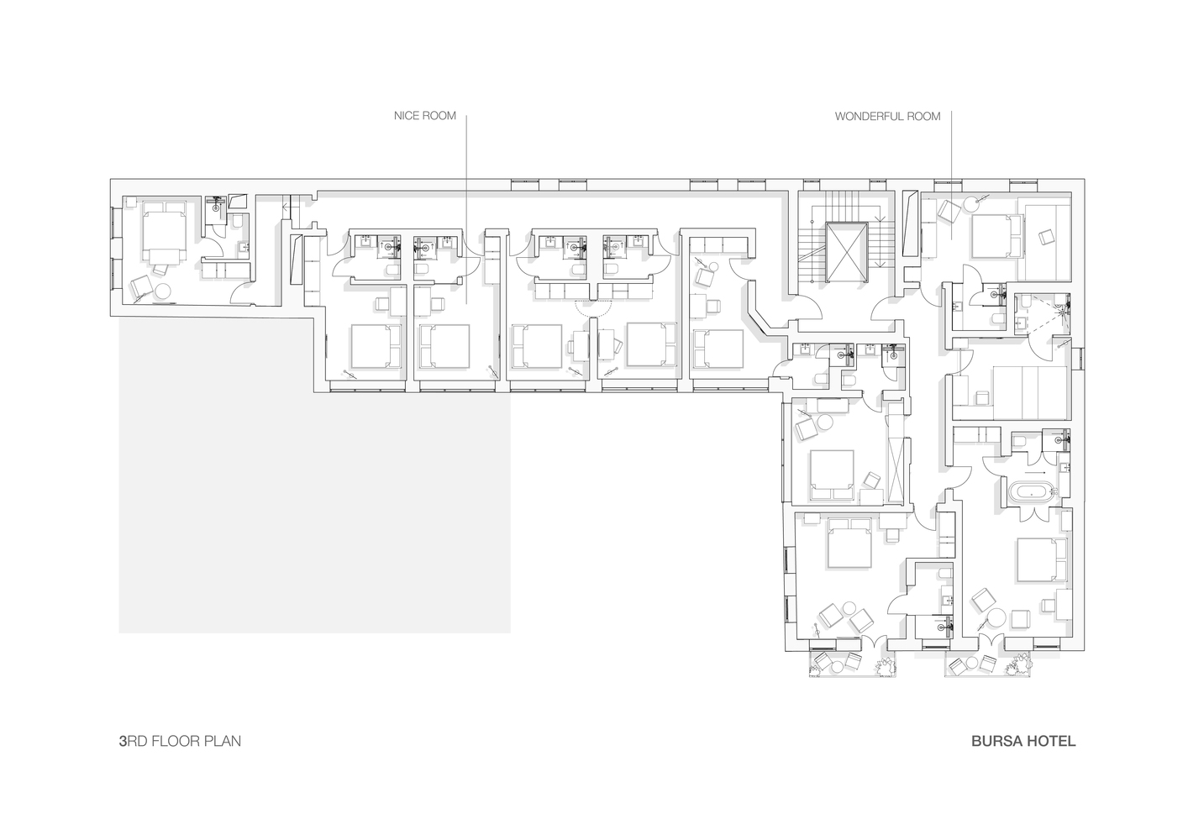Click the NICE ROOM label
[425, 116]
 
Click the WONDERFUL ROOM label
[887, 116]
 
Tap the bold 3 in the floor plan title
[123, 741]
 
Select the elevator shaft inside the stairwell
[847, 252]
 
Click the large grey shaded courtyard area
[314, 475]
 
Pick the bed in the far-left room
[165, 231]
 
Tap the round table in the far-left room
[162, 291]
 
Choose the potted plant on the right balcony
[1020, 665]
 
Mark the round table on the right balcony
[973, 664]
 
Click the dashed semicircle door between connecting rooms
[593, 307]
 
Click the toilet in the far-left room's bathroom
[237, 221]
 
